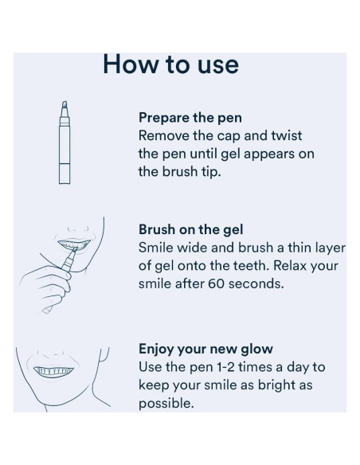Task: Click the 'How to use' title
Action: click(x=170, y=64)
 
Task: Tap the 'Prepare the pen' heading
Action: click(x=190, y=118)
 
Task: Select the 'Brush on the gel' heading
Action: click(x=190, y=229)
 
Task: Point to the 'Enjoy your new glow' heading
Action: click(x=205, y=349)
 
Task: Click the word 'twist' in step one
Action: click(x=287, y=136)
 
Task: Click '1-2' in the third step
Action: click(x=225, y=367)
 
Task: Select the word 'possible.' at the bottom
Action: click(x=166, y=404)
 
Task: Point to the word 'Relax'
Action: click(x=290, y=265)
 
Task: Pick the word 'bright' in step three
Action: click(x=275, y=385)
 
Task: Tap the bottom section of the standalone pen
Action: click(x=65, y=174)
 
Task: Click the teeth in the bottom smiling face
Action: click(x=53, y=371)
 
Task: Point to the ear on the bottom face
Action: click(x=104, y=354)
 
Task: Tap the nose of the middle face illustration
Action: click(x=78, y=229)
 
